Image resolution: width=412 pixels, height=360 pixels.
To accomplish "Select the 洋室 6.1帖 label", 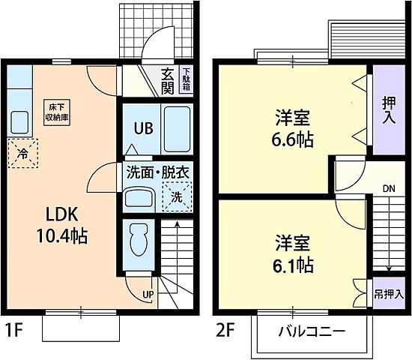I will click(294, 253).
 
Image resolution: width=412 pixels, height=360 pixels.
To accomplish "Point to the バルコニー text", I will click(313, 331).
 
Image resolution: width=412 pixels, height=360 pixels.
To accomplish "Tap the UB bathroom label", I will click(143, 127).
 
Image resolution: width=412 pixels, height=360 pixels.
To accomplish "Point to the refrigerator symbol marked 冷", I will click(22, 154).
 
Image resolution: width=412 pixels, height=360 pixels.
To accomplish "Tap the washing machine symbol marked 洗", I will click(177, 198).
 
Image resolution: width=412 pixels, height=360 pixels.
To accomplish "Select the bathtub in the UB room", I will click(177, 129).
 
